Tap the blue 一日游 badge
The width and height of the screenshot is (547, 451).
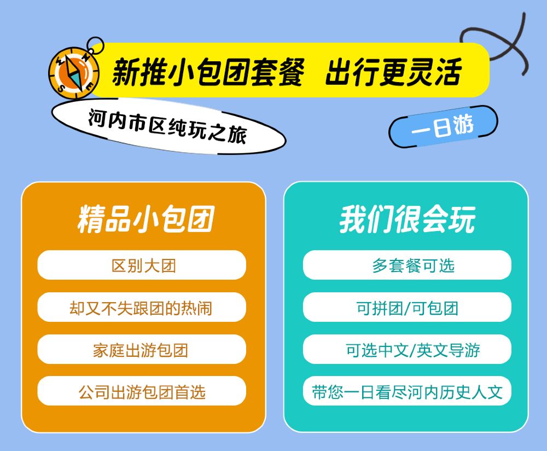tap(444, 126)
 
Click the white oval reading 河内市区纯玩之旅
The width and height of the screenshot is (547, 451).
tap(168, 126)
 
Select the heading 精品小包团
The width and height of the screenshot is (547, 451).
tap(146, 219)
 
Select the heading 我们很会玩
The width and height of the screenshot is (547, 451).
tap(407, 219)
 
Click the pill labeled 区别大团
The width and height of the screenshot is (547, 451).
tap(142, 265)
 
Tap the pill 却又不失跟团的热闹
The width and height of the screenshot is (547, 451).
tap(142, 307)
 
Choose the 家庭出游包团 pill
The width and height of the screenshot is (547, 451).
tap(142, 349)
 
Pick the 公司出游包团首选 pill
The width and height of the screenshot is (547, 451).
tap(142, 391)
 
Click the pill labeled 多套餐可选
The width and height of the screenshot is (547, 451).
tap(407, 265)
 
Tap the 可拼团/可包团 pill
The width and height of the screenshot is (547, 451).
tap(407, 307)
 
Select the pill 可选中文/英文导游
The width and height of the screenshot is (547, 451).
tap(407, 349)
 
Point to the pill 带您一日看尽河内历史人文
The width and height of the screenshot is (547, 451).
tap(407, 391)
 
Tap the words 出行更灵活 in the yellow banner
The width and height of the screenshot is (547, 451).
tap(393, 72)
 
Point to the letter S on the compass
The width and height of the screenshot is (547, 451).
tap(61, 87)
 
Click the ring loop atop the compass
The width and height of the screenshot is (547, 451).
tap(95, 45)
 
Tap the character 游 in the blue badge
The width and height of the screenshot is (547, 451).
tap(463, 124)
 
